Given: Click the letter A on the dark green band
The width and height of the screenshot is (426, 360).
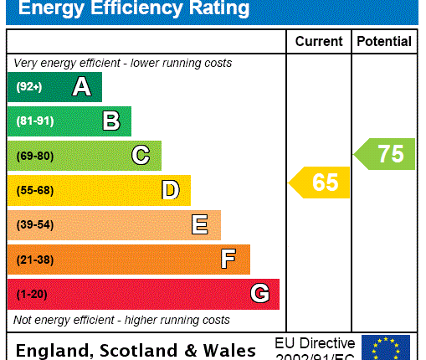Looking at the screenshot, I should coord(81,87).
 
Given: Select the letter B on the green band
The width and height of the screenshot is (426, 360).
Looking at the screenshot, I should coord(111,121).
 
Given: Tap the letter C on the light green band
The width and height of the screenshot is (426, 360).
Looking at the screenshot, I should coord(141,156).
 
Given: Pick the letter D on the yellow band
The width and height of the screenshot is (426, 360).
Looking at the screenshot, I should coord(171,190).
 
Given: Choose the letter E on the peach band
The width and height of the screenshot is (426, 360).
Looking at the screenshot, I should coord(200,224).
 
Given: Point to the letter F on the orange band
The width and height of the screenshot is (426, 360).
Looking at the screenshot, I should coord(228,260).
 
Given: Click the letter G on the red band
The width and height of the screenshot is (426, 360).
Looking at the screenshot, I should coord(259,294).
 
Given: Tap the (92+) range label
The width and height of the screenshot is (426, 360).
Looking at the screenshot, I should coord(29,87).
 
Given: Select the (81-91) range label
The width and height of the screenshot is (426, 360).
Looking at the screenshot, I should coord(34,121).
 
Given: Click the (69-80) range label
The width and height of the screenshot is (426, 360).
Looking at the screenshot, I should coord(34,156).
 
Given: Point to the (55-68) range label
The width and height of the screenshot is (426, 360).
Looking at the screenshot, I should coord(34,191).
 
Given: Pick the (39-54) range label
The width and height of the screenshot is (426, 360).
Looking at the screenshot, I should coord(34,225).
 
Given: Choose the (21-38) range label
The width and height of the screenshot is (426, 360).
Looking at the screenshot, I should coord(34,260).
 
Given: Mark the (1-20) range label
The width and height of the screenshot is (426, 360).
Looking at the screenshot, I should coord(32,295).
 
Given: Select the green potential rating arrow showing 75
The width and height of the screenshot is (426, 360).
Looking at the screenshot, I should coord(385,154).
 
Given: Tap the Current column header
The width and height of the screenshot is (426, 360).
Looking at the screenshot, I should coord(319,41).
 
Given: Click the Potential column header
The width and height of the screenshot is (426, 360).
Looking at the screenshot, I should coord(384,41).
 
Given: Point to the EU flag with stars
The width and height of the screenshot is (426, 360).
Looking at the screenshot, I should coord(385,347).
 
